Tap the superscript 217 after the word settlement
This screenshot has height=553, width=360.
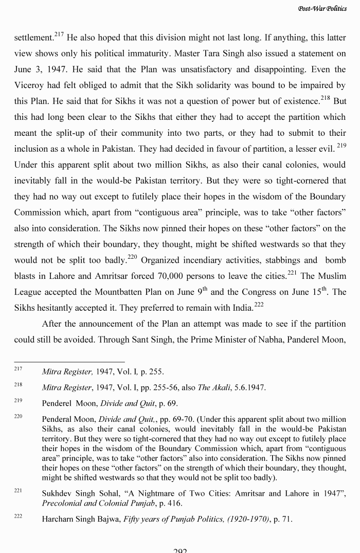pyautogui.click(x=59, y=34)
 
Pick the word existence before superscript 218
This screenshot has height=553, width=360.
pyautogui.click(x=297, y=101)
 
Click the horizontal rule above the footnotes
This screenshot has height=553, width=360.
pyautogui.click(x=69, y=362)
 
